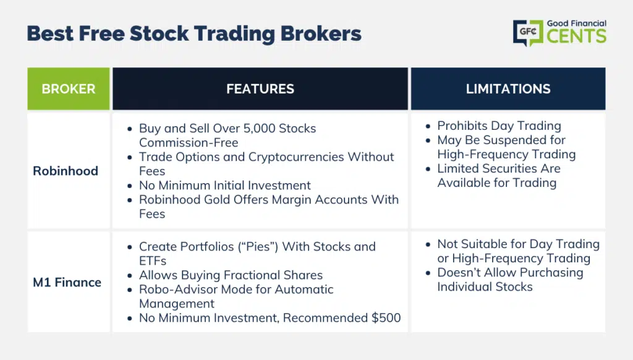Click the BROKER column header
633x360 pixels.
(69, 89)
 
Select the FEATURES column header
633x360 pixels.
(260, 89)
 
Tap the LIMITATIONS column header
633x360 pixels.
(508, 89)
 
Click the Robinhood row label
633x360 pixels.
(66, 171)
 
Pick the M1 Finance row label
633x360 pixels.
(67, 282)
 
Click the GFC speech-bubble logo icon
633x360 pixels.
(528, 33)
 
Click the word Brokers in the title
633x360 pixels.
(321, 33)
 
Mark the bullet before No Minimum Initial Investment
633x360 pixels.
(130, 186)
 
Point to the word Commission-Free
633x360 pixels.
(189, 143)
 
